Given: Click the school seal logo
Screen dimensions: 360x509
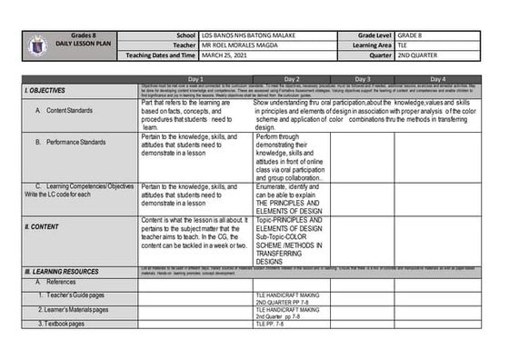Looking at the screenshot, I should tap(35, 44).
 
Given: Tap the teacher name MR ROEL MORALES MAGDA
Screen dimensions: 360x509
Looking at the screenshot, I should tap(243, 44).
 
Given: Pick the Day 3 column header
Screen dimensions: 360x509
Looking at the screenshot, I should tap(363, 79).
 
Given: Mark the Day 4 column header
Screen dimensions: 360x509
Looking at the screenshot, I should tap(438, 79).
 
